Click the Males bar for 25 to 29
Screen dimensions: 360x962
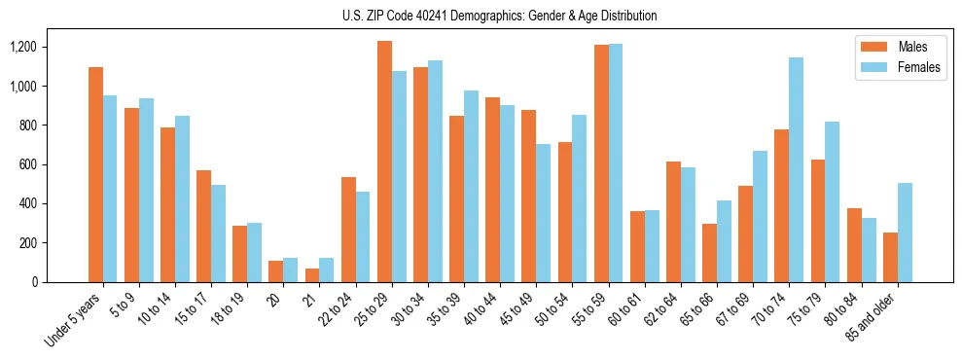[x=384, y=162]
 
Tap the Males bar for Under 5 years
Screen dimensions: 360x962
[x=95, y=174]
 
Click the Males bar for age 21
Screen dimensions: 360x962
[x=312, y=275]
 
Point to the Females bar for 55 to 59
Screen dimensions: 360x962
[x=616, y=162]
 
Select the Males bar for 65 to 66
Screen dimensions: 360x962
[x=709, y=253]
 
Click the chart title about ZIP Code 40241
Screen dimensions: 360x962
[x=499, y=16]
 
